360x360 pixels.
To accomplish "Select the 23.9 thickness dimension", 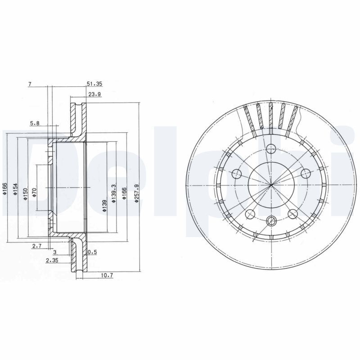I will click(x=94, y=95).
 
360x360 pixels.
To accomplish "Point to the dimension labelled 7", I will click(x=30, y=84).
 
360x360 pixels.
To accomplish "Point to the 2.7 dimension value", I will click(x=37, y=246).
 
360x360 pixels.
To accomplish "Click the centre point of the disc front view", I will click(x=271, y=185).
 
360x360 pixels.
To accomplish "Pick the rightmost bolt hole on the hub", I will click(x=306, y=173).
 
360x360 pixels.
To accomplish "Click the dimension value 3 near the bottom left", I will click(x=54, y=252).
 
